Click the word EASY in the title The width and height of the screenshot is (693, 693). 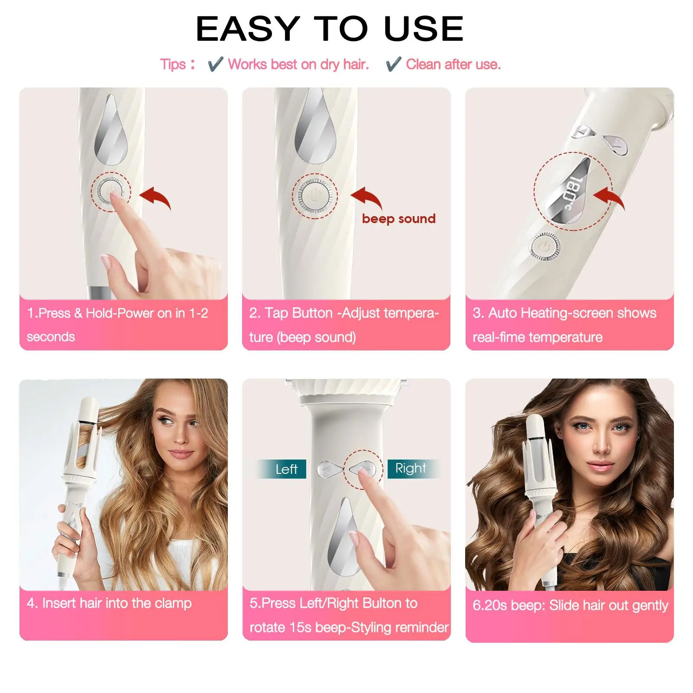pos(248,29)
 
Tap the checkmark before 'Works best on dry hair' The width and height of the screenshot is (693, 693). pos(215,64)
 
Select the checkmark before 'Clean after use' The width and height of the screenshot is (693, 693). pos(393,64)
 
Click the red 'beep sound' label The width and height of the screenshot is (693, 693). pos(398,219)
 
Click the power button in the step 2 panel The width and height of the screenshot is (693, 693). pos(315,196)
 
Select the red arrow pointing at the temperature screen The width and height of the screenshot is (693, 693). pos(610,198)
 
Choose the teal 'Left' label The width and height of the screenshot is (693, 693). pos(286,469)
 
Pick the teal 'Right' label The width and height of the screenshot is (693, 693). pos(411,468)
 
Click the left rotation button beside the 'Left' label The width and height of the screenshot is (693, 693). pos(329,470)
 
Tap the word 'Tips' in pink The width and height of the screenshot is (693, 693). pos(173,65)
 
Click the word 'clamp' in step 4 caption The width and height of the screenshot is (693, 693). pos(173,603)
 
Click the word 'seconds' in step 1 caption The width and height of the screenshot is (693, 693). pos(51,337)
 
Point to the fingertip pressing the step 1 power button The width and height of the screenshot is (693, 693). pos(115,196)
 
